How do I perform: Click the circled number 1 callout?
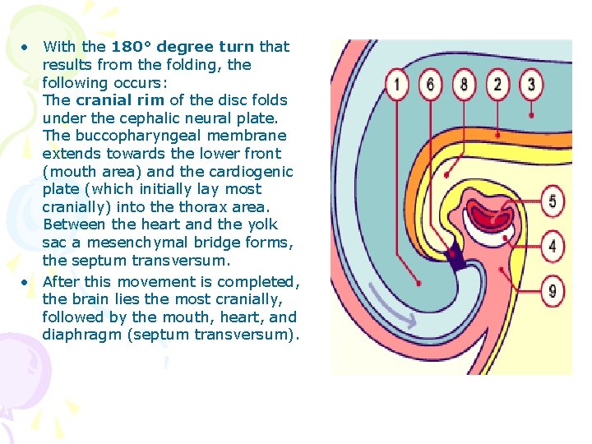coord(398,84)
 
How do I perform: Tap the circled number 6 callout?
coord(431,84)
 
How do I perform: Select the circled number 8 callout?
coord(465,84)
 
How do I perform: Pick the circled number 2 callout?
coord(497,84)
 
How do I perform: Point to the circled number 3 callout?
coord(531,84)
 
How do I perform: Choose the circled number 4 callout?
coord(553,246)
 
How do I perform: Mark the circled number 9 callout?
coord(553,289)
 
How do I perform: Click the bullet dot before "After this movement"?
coord(27,282)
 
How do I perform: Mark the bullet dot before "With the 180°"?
coord(27,47)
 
